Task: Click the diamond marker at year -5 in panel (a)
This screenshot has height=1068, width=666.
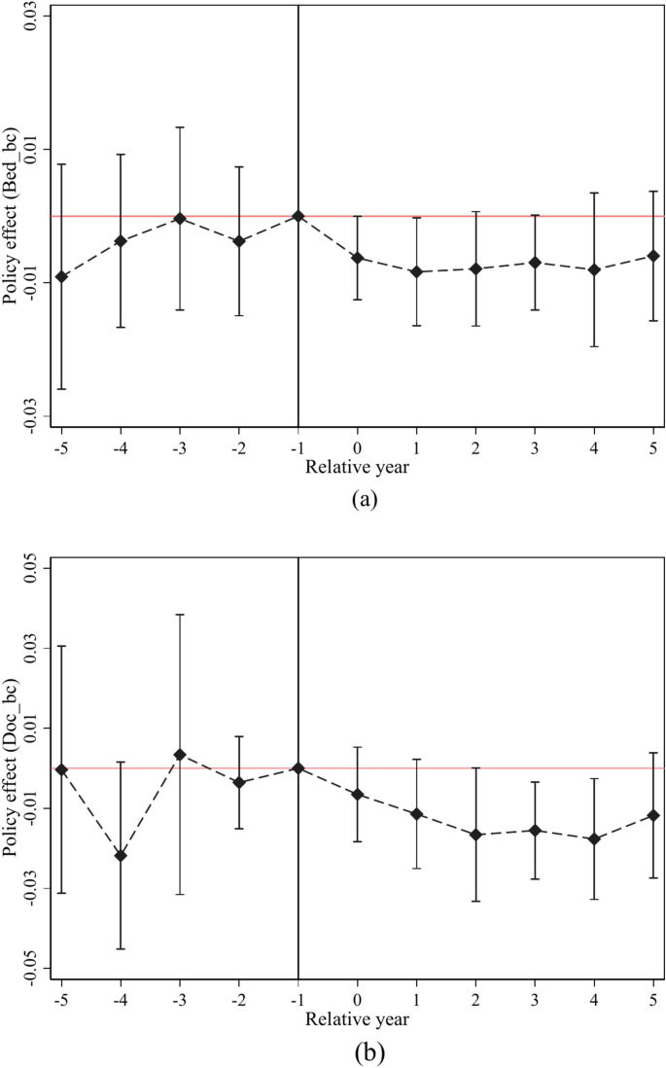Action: coord(61,277)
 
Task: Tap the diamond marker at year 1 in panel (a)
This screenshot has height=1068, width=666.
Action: coord(416,272)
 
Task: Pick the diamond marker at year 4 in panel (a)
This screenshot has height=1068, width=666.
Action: coord(594,269)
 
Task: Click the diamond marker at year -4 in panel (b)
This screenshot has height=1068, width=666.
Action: coord(121,856)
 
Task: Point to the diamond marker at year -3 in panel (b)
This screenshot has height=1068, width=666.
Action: coord(180,755)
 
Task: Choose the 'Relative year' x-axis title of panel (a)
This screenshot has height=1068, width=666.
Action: coord(357,467)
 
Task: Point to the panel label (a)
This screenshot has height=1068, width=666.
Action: coord(357,500)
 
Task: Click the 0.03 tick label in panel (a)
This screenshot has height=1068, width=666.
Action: coord(30,17)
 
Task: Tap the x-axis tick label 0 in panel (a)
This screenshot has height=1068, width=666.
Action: coord(357,448)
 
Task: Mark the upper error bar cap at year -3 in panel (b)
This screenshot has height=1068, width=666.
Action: coord(180,614)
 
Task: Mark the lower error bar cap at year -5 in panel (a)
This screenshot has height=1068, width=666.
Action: coord(61,389)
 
